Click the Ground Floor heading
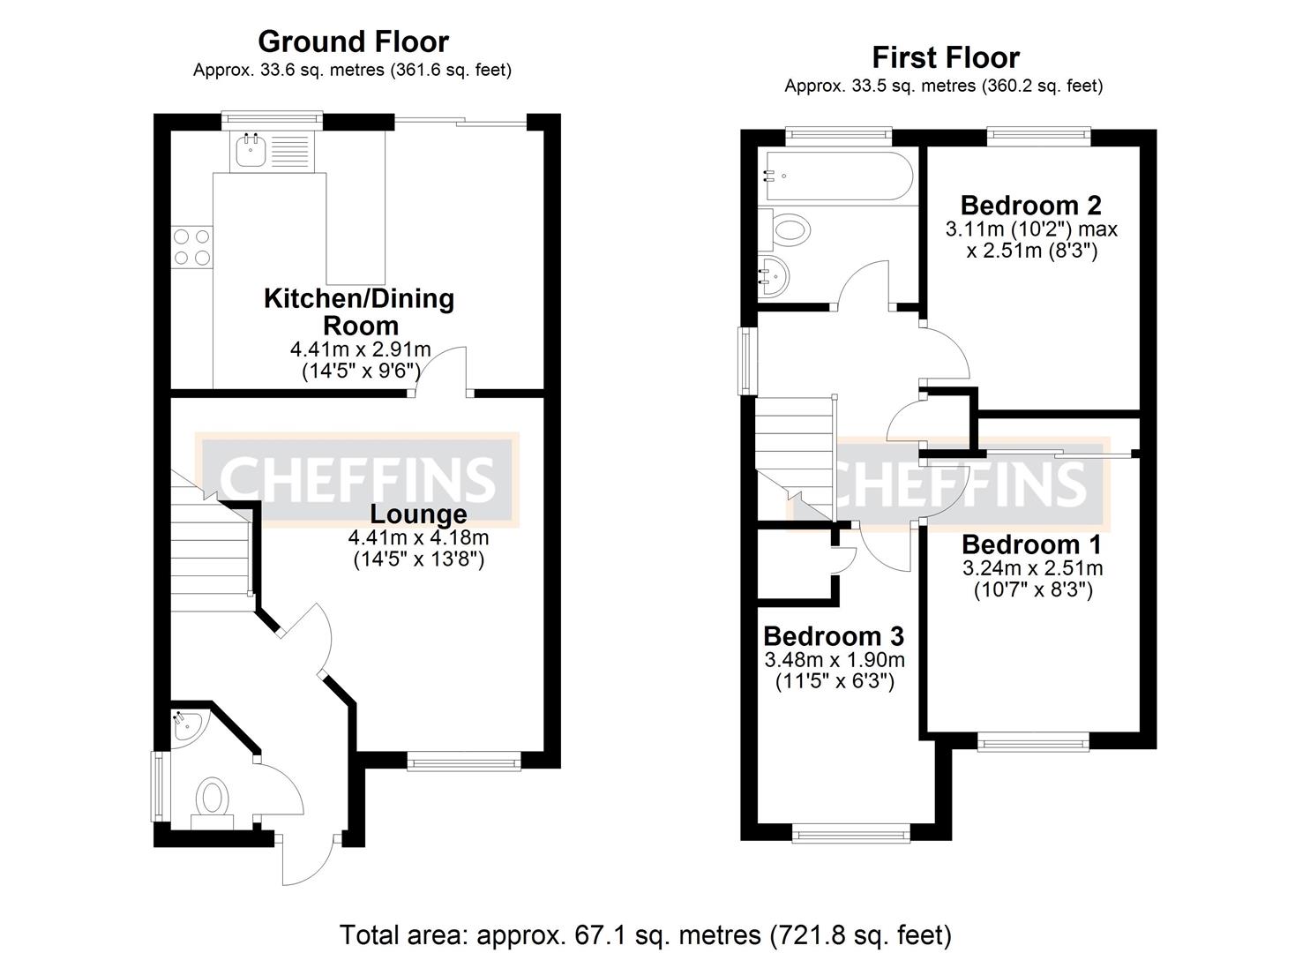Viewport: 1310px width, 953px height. pos(353,41)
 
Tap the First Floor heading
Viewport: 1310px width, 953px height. pos(945,57)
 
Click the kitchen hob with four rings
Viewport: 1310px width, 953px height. pos(193,246)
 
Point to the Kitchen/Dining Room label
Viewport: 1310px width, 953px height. pos(359,311)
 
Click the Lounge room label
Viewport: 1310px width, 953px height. pos(418,514)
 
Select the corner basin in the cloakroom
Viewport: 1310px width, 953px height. pos(186,726)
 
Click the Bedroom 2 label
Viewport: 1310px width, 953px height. pos(1030,206)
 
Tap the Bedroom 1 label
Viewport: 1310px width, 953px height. pos(1031,544)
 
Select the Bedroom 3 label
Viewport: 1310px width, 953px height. pos(833,636)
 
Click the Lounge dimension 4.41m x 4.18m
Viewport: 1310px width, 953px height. pos(418,537)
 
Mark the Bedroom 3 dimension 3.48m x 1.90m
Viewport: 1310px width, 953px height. pos(834,660)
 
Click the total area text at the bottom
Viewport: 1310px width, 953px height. pos(645,934)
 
